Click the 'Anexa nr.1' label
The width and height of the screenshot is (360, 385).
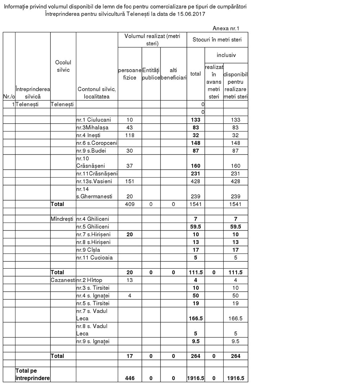pos(226,28)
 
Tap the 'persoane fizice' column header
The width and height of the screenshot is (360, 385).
pos(130,74)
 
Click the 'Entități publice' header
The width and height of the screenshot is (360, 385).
pos(151,74)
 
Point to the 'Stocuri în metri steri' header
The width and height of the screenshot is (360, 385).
pos(217,40)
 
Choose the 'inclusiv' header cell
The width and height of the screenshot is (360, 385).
pos(226,55)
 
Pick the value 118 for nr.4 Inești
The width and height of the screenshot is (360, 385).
pos(130,135)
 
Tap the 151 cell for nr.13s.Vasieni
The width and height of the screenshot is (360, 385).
pos(130,181)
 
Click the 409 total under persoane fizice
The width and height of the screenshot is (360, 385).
pos(130,204)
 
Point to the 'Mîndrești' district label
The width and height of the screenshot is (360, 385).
pos(63,219)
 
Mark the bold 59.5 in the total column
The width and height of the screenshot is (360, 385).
pos(195,227)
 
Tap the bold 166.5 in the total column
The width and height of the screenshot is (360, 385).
pos(195,318)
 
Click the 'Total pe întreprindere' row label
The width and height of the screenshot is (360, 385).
pos(32,374)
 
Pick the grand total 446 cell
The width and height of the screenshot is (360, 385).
pos(130,378)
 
